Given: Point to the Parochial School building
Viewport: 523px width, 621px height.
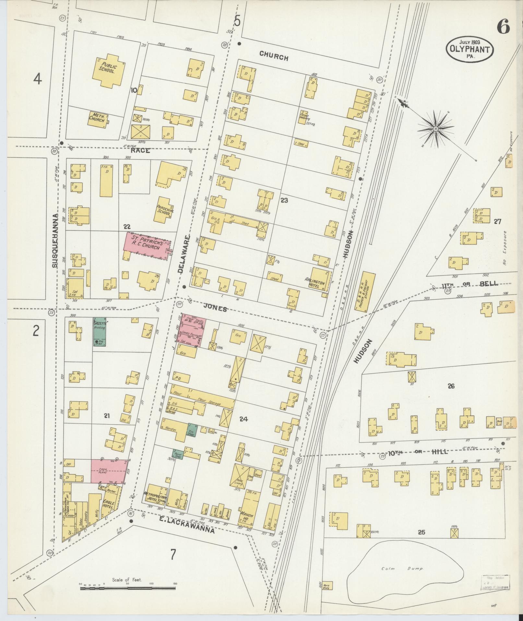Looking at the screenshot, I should [165, 209].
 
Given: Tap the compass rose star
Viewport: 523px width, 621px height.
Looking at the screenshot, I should [436, 129].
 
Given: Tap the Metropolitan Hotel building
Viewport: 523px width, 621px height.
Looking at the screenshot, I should [156, 503].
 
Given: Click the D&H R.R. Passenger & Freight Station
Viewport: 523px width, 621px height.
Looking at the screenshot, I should [365, 291].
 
